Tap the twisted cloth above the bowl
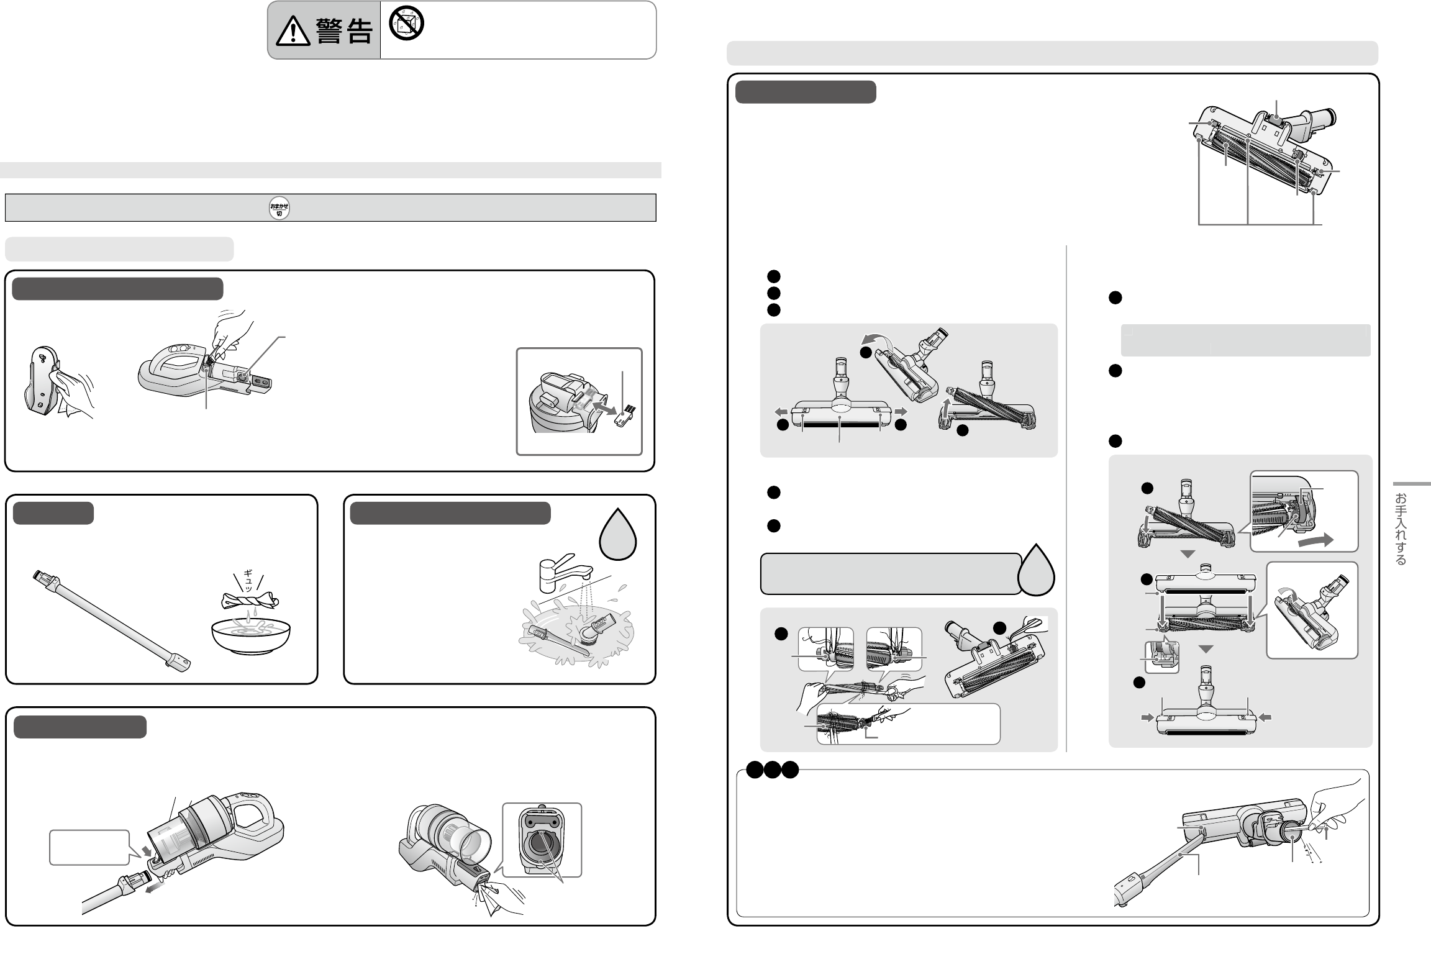pyautogui.click(x=250, y=600)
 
